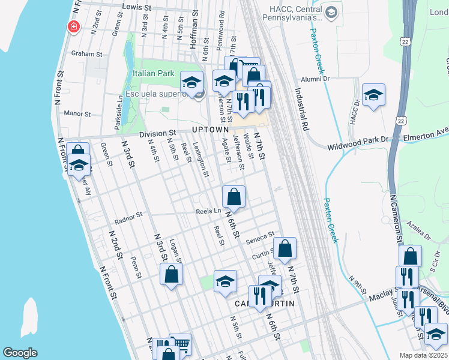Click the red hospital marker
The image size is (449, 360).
(x=74, y=27)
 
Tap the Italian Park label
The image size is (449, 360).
(x=153, y=74)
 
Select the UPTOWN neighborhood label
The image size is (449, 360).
(x=210, y=130)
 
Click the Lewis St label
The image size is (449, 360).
(x=135, y=7)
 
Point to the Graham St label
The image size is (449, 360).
(x=87, y=53)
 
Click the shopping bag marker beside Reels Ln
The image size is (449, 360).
(x=234, y=196)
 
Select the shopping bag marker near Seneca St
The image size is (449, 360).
(x=285, y=247)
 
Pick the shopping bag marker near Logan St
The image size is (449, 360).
(x=171, y=274)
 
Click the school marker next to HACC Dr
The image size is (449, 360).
(x=373, y=94)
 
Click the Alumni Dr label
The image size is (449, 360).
(x=316, y=78)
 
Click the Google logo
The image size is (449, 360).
(x=20, y=353)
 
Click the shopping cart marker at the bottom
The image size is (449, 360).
(x=181, y=343)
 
